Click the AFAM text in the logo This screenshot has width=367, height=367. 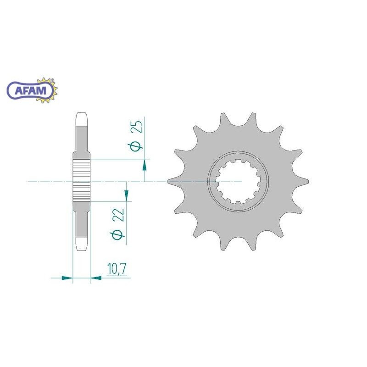[x=30, y=90]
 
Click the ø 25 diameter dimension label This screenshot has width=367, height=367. [x=135, y=136]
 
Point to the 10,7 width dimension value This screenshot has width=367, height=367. [x=117, y=268]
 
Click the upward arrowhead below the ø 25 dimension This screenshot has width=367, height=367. [x=145, y=165]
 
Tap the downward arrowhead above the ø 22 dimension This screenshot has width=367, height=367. [x=127, y=195]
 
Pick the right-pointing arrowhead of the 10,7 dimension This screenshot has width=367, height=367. [x=67, y=278]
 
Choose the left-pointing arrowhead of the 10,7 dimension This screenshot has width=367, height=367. [x=96, y=278]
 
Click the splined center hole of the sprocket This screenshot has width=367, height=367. [x=238, y=181]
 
